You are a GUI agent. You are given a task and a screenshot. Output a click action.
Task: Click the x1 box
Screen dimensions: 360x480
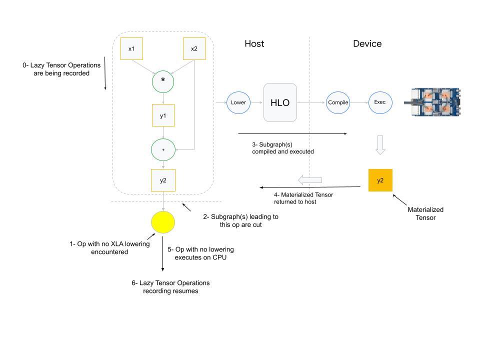click(131, 49)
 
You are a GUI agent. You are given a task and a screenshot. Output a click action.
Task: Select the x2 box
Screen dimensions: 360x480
click(194, 49)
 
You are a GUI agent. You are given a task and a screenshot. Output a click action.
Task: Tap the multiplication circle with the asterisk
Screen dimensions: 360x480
click(163, 80)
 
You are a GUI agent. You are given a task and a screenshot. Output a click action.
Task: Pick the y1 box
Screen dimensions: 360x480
click(163, 115)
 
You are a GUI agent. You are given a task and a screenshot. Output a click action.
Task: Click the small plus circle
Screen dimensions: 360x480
click(163, 149)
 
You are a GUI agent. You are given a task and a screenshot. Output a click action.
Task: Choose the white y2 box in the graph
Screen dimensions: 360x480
click(163, 180)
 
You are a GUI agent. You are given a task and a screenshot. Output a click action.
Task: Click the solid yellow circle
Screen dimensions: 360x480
click(163, 222)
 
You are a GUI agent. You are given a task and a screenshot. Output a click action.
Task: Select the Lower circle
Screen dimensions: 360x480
click(238, 102)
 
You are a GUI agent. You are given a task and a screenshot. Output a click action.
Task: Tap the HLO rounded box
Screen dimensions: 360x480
click(280, 102)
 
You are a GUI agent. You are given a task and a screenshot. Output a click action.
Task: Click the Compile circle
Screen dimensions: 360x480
click(338, 102)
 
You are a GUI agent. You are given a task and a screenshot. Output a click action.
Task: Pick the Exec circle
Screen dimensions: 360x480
click(380, 102)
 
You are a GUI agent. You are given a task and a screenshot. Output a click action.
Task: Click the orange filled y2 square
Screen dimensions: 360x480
click(380, 180)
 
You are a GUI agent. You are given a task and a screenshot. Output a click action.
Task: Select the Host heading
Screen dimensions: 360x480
click(254, 44)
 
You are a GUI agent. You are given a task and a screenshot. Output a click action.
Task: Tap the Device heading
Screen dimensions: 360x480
click(367, 44)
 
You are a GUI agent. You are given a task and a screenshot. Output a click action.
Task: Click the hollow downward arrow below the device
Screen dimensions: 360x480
click(380, 145)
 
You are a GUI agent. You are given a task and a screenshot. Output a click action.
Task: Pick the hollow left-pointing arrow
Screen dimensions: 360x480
click(310, 179)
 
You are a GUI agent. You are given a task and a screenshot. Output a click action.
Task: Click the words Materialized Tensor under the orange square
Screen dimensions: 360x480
click(425, 213)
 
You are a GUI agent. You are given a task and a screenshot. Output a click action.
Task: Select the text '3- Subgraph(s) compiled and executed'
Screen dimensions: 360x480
click(283, 147)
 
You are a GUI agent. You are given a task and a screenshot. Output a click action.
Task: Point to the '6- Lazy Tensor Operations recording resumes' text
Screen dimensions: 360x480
click(170, 286)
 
